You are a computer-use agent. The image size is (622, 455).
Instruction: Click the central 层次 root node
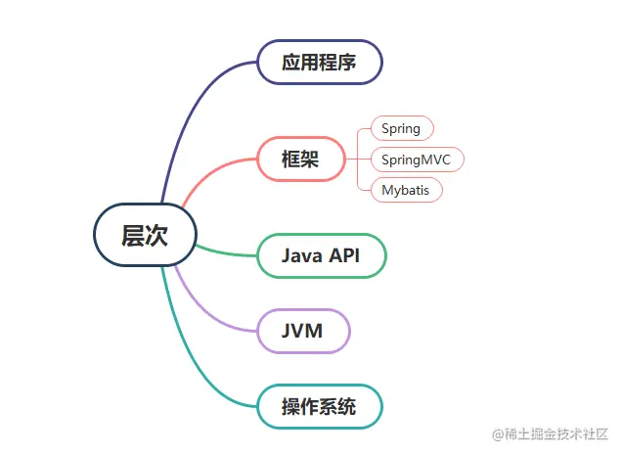click(x=145, y=236)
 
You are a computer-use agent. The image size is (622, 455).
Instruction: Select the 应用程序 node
click(x=319, y=63)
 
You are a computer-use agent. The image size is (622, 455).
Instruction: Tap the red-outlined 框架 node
click(x=301, y=159)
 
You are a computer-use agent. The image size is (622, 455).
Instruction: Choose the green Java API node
click(x=321, y=255)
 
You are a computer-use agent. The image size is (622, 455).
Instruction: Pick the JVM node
click(x=303, y=331)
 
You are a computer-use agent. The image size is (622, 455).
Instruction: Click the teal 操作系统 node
click(x=319, y=407)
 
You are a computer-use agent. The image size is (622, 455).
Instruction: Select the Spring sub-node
click(x=401, y=128)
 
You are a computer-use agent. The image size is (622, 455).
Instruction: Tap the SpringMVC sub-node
click(x=417, y=159)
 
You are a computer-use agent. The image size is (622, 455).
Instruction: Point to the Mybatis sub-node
click(x=406, y=189)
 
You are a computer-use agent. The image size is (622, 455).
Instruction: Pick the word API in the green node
click(x=345, y=255)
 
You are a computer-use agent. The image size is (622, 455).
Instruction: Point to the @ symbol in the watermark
click(x=498, y=433)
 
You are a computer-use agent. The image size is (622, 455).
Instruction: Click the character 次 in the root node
click(x=156, y=236)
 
